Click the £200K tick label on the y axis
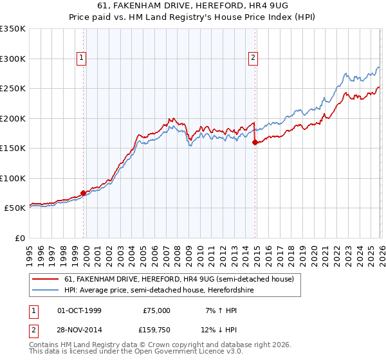coord(12,118)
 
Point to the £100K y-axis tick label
coord(12,178)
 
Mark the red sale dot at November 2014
coord(255,143)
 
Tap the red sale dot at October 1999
coord(84,193)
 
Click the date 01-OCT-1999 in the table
coord(80,310)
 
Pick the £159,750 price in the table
coord(156,330)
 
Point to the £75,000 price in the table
coord(156,310)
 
